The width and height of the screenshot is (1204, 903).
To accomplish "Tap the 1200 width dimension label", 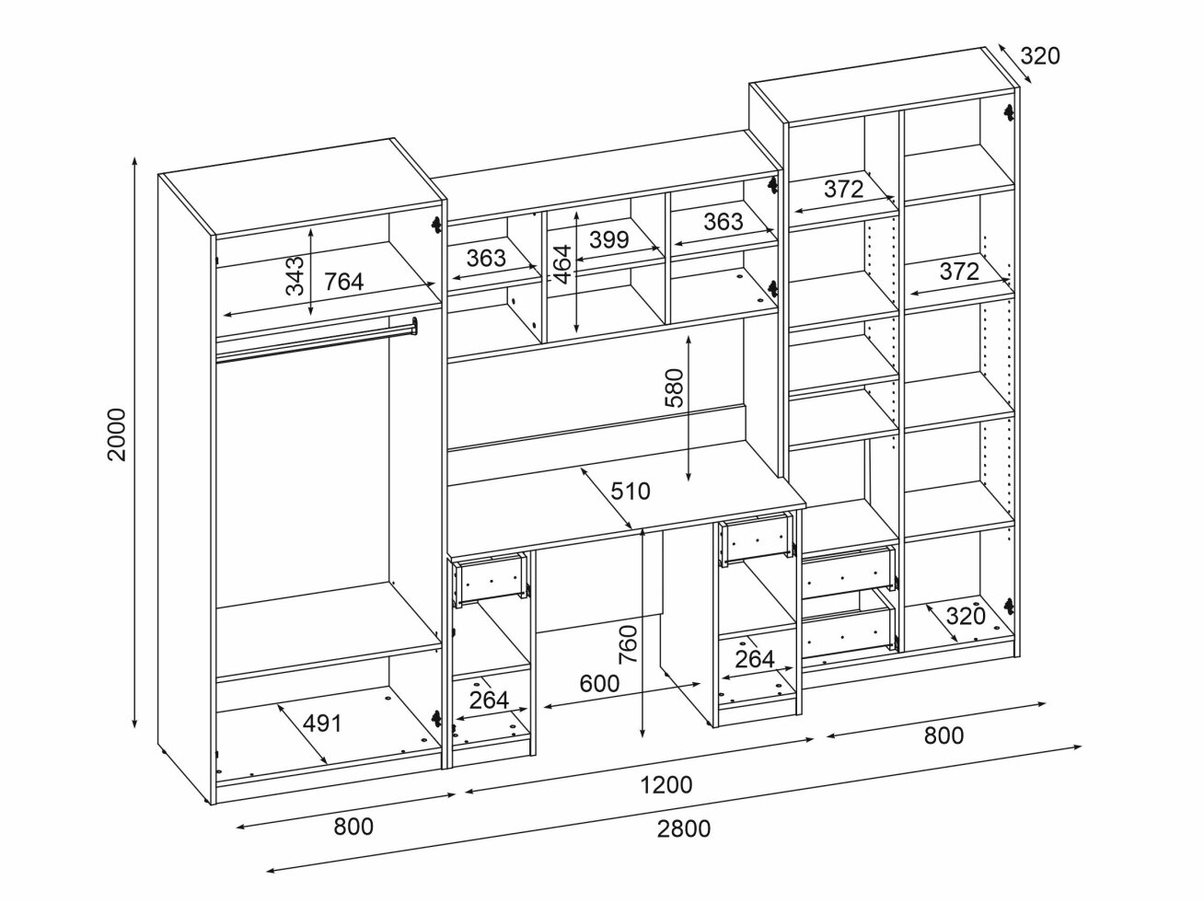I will click(x=666, y=784).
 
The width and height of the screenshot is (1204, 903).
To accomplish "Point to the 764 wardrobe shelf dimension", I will click(x=343, y=282).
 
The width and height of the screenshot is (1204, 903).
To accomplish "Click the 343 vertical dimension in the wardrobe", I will click(x=294, y=274).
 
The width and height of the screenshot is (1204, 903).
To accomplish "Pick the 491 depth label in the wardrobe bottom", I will click(x=322, y=724).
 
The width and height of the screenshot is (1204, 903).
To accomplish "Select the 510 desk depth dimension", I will click(x=631, y=491).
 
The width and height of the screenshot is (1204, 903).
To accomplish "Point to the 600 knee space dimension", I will click(x=598, y=683).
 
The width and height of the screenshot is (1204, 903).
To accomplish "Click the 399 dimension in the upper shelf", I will click(x=608, y=240).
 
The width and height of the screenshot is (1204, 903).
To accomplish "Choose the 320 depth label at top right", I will click(x=1040, y=56).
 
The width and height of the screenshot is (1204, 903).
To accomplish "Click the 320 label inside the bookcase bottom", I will click(x=966, y=616).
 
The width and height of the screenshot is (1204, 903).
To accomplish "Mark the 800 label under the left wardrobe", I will click(x=353, y=827).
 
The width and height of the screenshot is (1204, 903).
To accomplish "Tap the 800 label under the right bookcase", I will click(x=944, y=735).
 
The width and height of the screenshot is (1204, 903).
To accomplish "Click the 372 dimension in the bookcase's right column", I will click(x=958, y=271).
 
